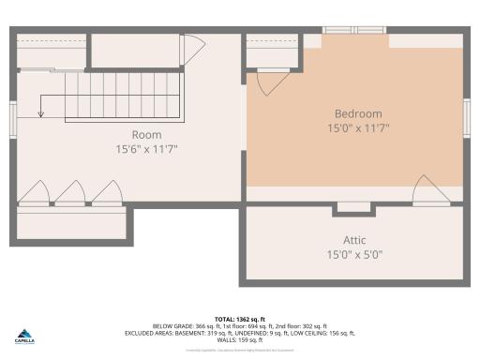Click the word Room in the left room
pyautogui.click(x=146, y=134)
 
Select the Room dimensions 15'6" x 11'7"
pyautogui.click(x=146, y=149)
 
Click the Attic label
pyautogui.click(x=354, y=239)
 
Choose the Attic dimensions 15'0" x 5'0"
pyautogui.click(x=354, y=254)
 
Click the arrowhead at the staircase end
pyautogui.click(x=40, y=114)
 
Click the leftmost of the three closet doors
pyautogui.click(x=35, y=193)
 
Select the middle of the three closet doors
pyautogui.click(x=70, y=193)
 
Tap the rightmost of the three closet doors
pyautogui.click(x=106, y=193)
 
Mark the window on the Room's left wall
pyautogui.click(x=13, y=118)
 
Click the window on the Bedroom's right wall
pyautogui.click(x=466, y=118)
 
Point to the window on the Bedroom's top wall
pyautogui.click(x=355, y=31)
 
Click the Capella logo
pyautogui.click(x=25, y=337)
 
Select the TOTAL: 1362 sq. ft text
pyautogui.click(x=240, y=320)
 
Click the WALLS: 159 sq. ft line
pyautogui.click(x=240, y=339)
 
